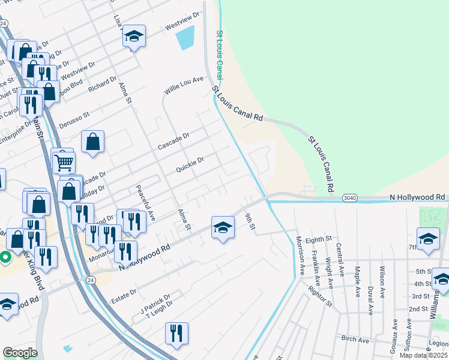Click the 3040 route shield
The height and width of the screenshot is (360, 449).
click(x=351, y=197)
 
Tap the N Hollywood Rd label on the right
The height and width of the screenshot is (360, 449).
click(x=417, y=197)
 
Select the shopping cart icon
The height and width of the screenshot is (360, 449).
click(x=64, y=161)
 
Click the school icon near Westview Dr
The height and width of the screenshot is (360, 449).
click(x=134, y=37)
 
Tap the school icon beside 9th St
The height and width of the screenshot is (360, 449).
click(x=223, y=228)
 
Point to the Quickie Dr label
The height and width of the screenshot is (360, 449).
click(x=190, y=164)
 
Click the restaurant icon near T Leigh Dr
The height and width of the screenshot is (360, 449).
click(x=176, y=334)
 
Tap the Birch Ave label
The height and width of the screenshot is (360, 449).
click(x=355, y=340)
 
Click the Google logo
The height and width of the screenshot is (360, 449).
click(x=20, y=353)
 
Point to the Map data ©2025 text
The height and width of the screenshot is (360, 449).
click(x=423, y=355)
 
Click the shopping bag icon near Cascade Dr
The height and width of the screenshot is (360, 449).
click(x=93, y=142)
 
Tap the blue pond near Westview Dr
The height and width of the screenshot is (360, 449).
click(x=186, y=38)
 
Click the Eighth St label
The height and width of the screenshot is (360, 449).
click(x=318, y=239)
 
